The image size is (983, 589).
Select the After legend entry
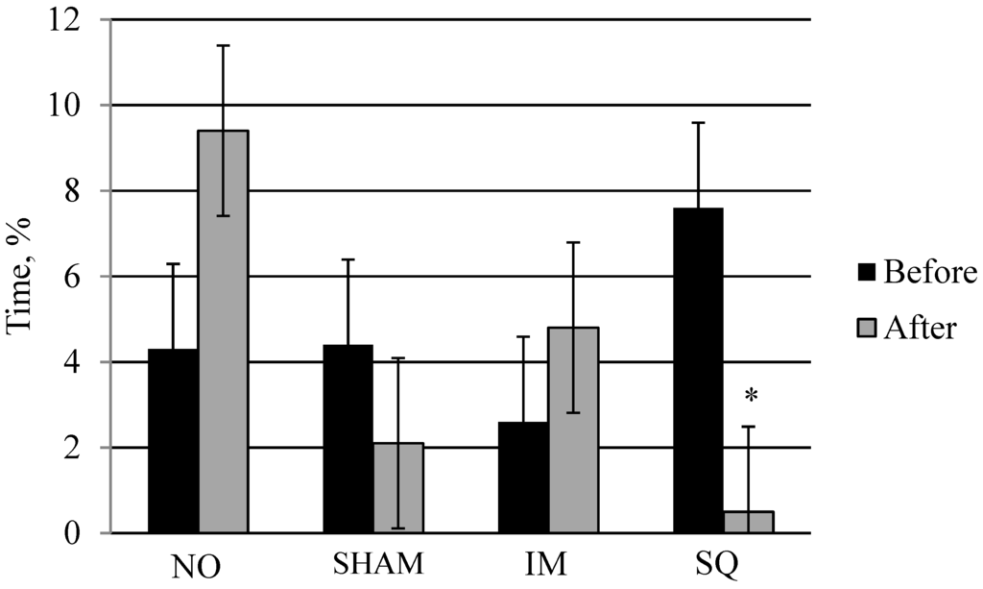pyautogui.click(x=907, y=328)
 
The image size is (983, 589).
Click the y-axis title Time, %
pyautogui.click(x=21, y=277)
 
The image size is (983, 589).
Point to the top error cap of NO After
pyautogui.click(x=223, y=45)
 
